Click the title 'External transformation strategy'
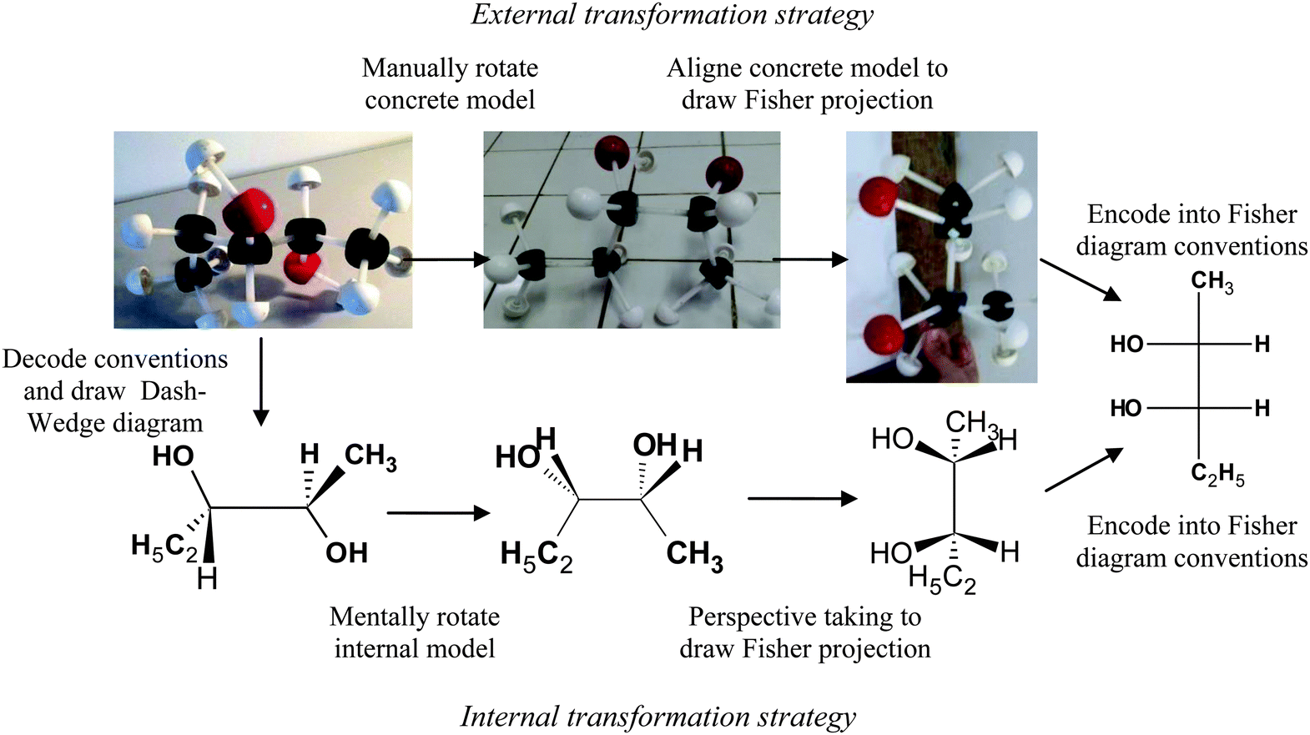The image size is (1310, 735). [x=672, y=15]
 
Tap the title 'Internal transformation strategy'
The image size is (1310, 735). [x=658, y=717]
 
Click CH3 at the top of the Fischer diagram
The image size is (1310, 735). [x=1212, y=282]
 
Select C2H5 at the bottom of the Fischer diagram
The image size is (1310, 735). [x=1217, y=476]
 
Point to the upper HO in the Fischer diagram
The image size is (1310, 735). [x=1127, y=345]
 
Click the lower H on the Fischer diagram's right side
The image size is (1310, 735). [x=1262, y=408]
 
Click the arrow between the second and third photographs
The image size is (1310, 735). [x=810, y=259]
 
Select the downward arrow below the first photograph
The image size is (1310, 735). [x=261, y=381]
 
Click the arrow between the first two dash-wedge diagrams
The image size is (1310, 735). [x=438, y=513]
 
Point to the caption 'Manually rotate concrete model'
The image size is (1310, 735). [x=450, y=84]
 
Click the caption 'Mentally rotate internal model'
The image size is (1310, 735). [x=415, y=632]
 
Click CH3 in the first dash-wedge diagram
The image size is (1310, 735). [x=370, y=457]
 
